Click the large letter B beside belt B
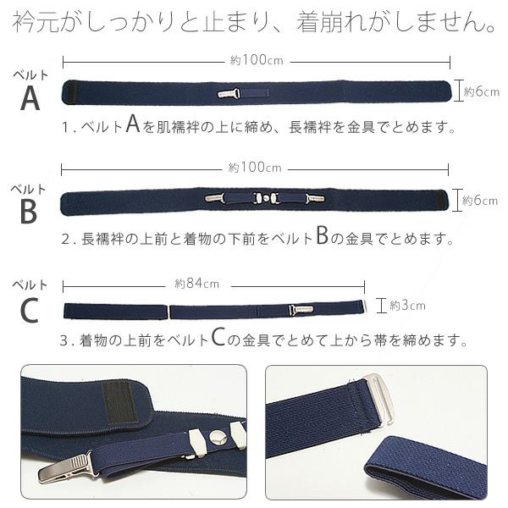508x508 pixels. tap(29, 212)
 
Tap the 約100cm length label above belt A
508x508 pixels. tap(256, 60)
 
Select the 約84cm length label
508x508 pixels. tap(196, 283)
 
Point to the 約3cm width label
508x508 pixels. tap(407, 305)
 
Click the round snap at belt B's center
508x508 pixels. tap(267, 199)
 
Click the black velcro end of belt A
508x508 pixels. tap(71, 91)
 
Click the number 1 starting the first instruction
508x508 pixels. tap(65, 130)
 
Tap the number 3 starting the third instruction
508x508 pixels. tap(65, 341)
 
